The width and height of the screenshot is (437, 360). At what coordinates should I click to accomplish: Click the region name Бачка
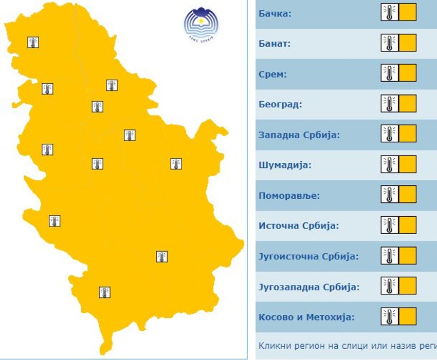pos(275,13)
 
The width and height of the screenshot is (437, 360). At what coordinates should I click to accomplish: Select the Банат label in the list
pos(275,44)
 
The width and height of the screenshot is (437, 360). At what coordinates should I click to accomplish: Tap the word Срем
pos(272,74)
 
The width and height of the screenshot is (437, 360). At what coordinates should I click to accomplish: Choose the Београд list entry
pos(280,104)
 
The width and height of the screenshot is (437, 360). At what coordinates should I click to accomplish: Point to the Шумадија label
pos(285,165)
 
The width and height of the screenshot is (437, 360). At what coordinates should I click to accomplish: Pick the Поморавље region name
pos(289,196)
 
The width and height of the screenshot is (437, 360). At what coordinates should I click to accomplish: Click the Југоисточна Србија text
pos(308,256)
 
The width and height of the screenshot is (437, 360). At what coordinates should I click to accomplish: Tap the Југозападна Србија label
pos(309,287)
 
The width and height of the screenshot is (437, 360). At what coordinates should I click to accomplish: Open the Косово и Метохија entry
pos(306,317)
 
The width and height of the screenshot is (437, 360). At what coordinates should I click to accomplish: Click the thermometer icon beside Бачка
pos(389,12)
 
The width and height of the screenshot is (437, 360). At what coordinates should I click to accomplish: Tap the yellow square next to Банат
pos(407,43)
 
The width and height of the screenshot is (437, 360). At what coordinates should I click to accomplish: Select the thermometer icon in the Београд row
pos(389,104)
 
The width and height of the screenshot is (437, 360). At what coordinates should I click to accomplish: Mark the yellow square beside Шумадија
pos(407,164)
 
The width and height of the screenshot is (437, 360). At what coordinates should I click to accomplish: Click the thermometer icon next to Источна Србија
pos(389,225)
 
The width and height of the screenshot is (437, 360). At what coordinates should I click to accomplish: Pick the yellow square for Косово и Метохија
pos(407,316)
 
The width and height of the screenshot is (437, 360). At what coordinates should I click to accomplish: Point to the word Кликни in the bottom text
pos(274,346)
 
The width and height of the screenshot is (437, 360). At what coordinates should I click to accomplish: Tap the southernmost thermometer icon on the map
pos(105,292)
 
